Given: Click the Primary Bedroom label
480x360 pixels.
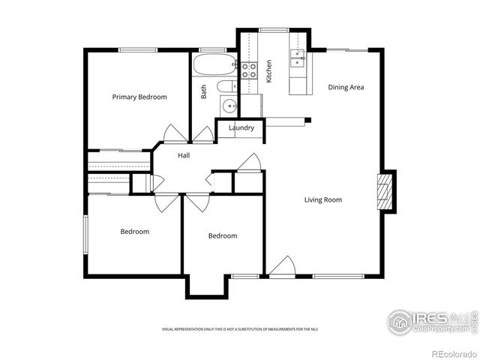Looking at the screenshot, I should (139, 97).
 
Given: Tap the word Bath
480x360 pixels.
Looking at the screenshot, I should (203, 91).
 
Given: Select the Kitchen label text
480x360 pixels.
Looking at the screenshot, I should (268, 71).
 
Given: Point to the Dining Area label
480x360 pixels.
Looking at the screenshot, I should (346, 87).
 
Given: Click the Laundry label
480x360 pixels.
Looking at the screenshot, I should (241, 127).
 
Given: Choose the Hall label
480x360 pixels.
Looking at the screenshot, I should (184, 155).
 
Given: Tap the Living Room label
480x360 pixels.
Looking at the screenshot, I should (323, 199).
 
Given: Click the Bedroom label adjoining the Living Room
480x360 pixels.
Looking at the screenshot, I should (222, 235).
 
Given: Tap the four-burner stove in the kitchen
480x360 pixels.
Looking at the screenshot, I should (249, 70).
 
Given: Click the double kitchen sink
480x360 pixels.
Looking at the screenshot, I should (298, 58).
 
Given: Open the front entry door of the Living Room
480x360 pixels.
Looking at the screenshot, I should (281, 267).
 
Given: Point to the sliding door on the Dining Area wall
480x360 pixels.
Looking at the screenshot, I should (347, 50).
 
